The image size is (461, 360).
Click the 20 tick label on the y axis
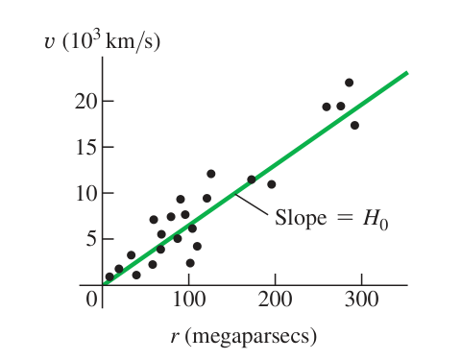tap(85, 102)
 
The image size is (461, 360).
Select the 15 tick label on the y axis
tap(86, 148)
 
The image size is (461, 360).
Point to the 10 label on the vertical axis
tap(86, 194)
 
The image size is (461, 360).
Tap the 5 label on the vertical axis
tap(91, 239)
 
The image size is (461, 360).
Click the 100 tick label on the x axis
tap(189, 300)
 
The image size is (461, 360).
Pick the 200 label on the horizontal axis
tap(276, 300)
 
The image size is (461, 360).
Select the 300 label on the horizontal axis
tap(362, 300)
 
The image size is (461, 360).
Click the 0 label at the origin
tap(91, 300)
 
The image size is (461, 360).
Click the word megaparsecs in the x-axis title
tap(251, 337)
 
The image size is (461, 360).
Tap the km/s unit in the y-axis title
tap(129, 41)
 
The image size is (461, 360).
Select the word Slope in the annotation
tap(301, 218)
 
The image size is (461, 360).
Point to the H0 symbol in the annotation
tap(376, 220)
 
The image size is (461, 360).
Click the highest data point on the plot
tap(349, 83)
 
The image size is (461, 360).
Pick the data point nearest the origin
tap(109, 276)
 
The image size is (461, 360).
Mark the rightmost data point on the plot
tap(354, 125)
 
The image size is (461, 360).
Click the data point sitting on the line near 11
tap(252, 180)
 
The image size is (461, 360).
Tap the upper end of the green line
tap(407, 73)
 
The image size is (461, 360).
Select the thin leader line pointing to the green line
tap(252, 204)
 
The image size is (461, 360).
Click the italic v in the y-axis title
tap(49, 42)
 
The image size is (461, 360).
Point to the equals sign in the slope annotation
tap(345, 218)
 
